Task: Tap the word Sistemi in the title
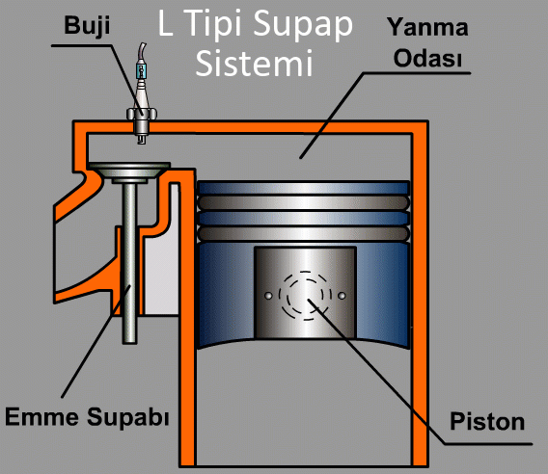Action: click(255, 65)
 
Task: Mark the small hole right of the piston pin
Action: click(342, 293)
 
